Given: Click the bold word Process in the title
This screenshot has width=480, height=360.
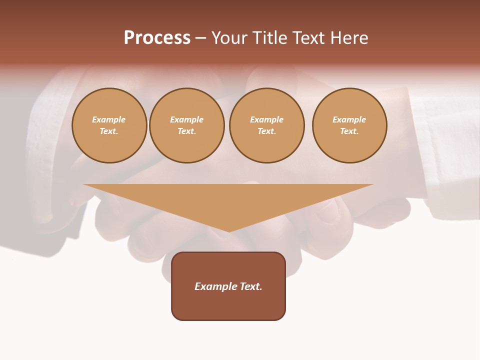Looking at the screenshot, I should pos(157,38).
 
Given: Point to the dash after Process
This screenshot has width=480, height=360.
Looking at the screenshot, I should pos(201,39).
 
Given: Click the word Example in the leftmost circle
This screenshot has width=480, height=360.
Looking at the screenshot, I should pos(109,119).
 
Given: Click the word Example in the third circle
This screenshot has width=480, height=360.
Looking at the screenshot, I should pos(267,119).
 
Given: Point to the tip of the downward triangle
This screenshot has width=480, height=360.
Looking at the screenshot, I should pos(229,230).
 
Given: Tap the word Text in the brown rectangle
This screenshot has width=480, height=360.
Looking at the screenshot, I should pos(250,286).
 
